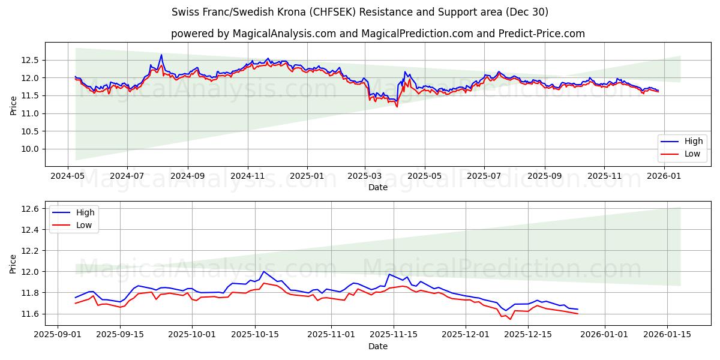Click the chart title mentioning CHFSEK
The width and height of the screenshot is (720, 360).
point(360,12)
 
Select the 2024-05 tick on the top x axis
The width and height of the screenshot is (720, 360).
point(67,176)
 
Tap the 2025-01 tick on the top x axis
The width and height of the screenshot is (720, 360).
point(307,176)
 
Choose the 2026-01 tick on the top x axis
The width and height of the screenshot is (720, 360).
point(664,176)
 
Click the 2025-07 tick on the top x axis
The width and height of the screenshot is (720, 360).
point(484,176)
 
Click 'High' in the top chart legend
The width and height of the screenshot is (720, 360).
point(694,142)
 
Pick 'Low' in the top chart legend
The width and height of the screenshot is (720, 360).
point(693,154)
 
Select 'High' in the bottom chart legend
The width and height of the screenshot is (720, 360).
point(85,212)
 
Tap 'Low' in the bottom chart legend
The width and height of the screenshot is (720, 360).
point(84,225)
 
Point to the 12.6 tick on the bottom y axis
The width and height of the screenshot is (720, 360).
point(30,209)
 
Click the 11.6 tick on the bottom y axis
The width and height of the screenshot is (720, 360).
point(30,314)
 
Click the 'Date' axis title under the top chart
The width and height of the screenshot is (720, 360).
point(378,187)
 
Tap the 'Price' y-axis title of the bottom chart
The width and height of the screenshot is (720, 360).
point(13,263)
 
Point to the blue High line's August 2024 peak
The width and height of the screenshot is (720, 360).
point(161,55)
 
